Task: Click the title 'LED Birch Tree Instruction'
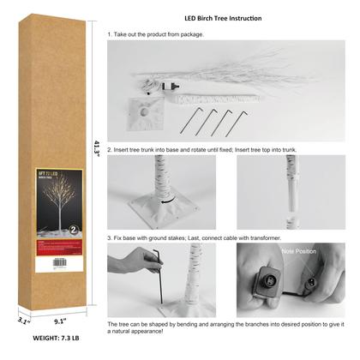[222, 18]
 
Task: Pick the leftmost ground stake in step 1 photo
[190, 122]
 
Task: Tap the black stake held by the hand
[158, 274]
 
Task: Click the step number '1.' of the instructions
[110, 35]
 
